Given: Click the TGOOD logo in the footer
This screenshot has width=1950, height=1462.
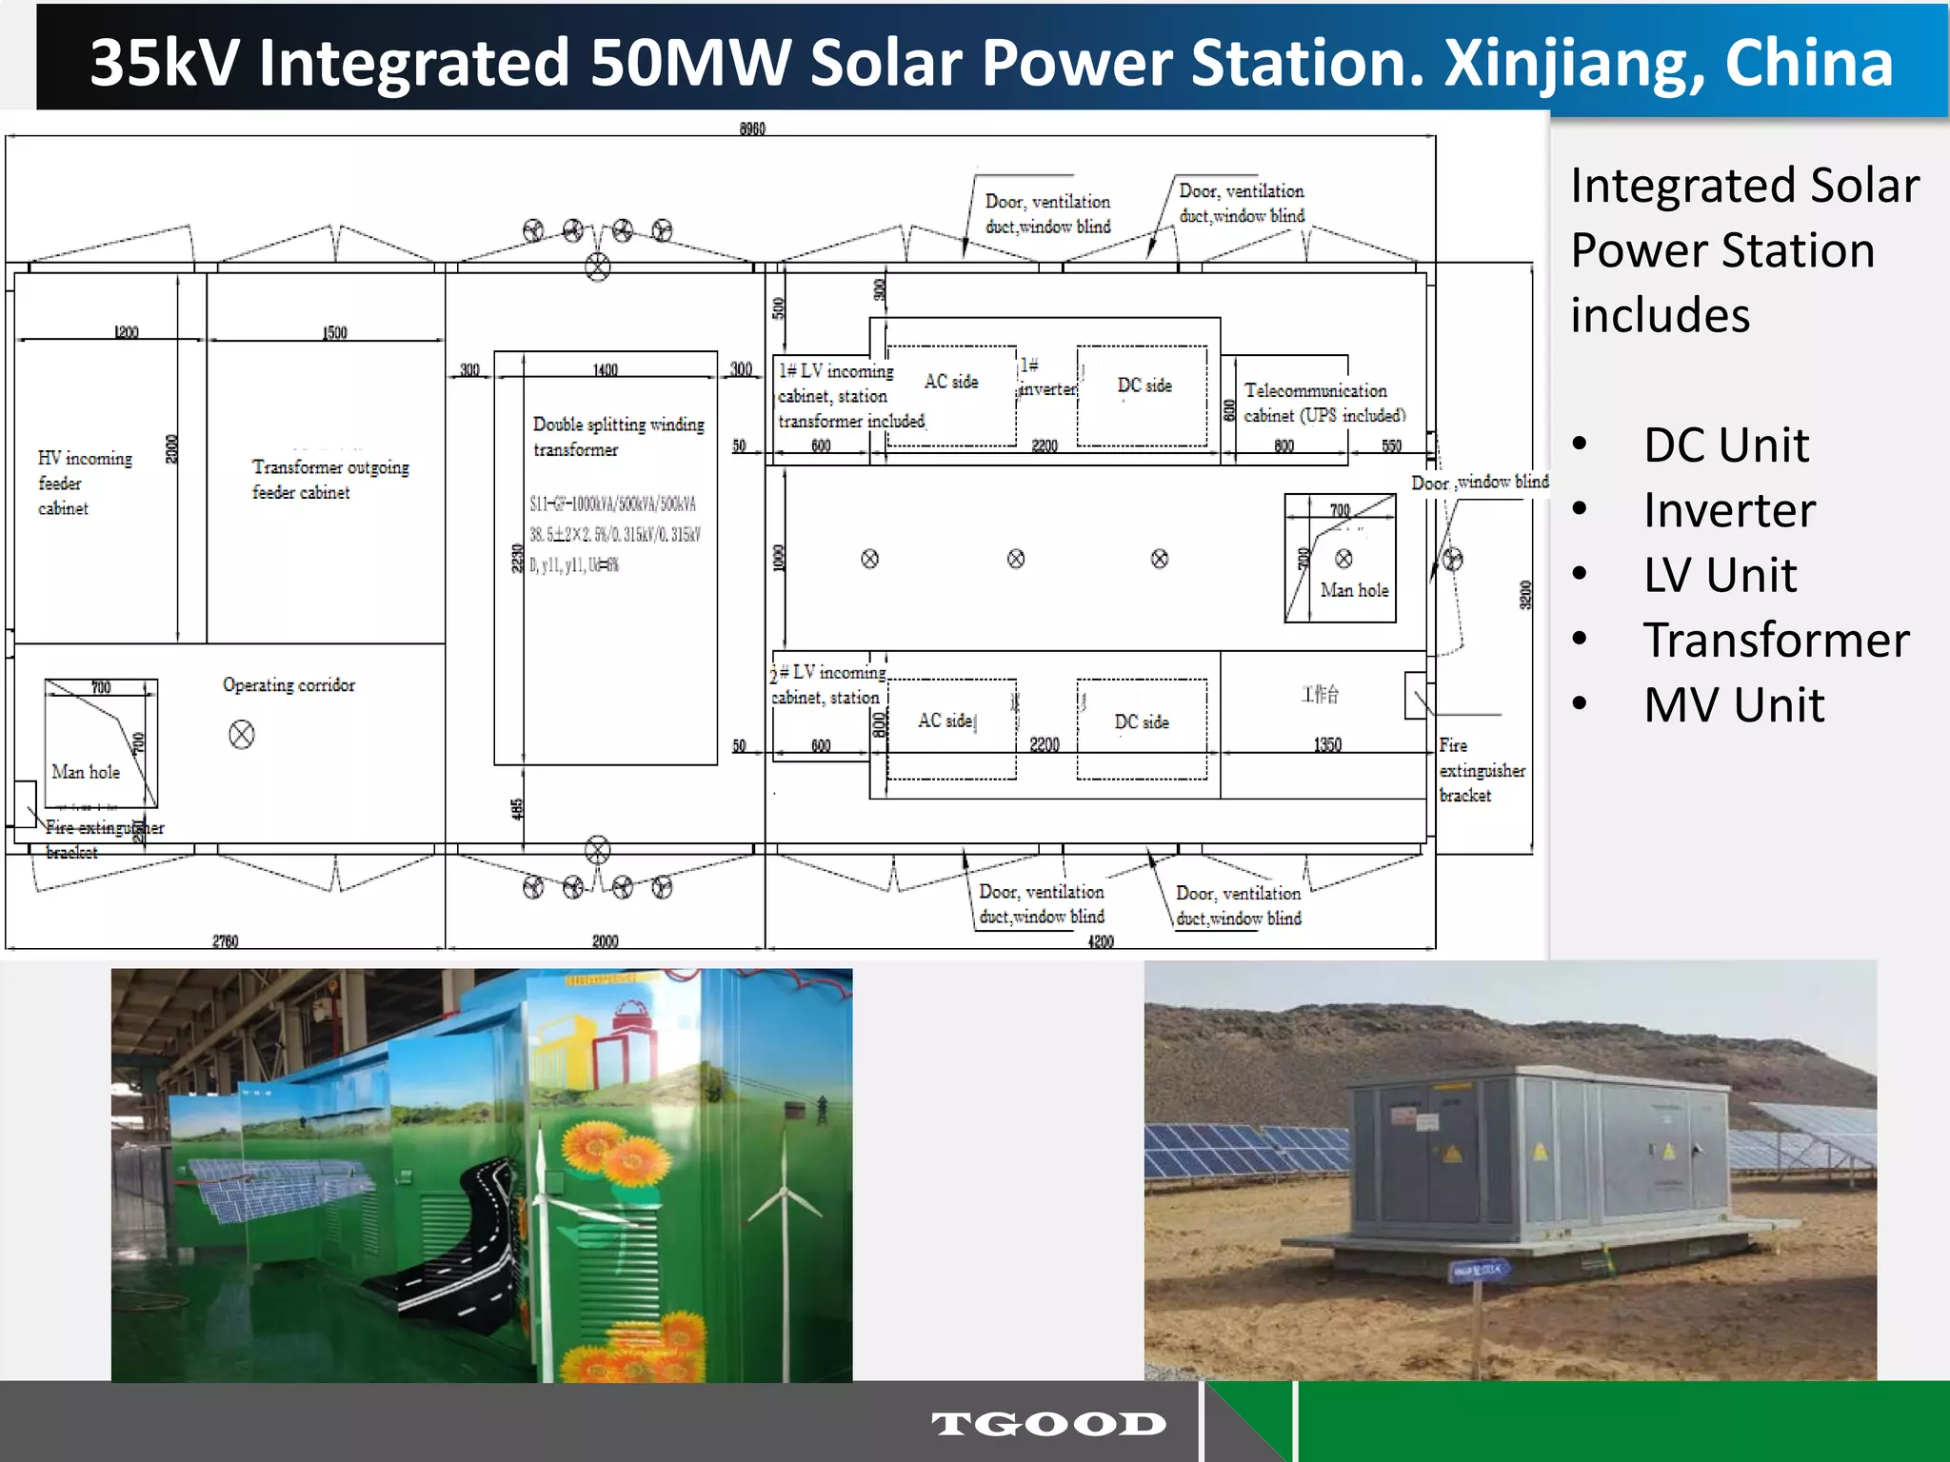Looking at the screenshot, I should click(x=1048, y=1424).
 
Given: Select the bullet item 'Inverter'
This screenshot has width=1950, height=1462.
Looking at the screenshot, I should click(x=1729, y=510).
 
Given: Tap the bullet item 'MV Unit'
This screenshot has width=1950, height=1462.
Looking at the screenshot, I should click(x=1734, y=705).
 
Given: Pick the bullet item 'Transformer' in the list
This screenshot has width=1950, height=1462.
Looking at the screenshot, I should click(x=1776, y=640).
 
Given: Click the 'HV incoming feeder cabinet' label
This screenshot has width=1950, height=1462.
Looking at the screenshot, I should click(x=84, y=483).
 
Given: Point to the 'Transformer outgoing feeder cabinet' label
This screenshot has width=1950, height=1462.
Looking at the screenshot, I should click(x=329, y=479).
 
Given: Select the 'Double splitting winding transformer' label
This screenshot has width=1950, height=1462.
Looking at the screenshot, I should click(x=618, y=436).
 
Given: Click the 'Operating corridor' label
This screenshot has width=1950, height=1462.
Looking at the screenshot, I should click(x=289, y=685).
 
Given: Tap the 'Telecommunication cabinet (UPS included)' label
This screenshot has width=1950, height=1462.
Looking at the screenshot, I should click(x=1323, y=403).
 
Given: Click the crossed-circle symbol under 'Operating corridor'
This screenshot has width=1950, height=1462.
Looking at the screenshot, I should click(x=242, y=735).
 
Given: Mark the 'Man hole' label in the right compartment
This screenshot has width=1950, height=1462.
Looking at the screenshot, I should click(x=1354, y=590).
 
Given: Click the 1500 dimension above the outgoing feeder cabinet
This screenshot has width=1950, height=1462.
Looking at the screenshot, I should click(x=334, y=332).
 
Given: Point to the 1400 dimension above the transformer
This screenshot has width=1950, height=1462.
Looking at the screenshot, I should click(x=605, y=369).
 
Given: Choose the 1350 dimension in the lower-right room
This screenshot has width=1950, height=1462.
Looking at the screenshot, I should click(x=1327, y=744).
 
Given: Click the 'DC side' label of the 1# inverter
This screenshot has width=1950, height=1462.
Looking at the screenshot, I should click(x=1144, y=385).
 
